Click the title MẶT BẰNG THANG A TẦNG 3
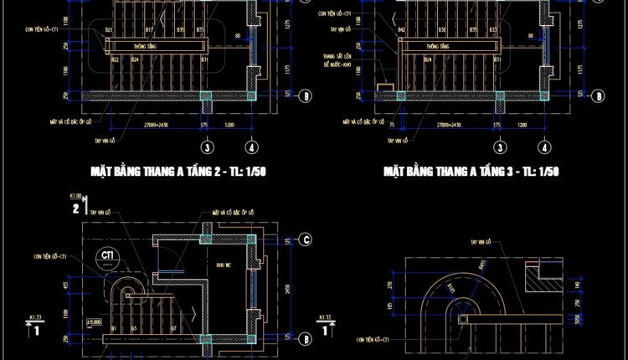pyautogui.click(x=471, y=172)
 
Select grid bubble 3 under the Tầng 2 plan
pyautogui.click(x=205, y=147)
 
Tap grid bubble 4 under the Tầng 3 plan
pyautogui.click(x=545, y=147)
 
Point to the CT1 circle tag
pyautogui.click(x=107, y=255)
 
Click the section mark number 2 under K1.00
pyautogui.click(x=76, y=208)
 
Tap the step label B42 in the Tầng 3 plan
pyautogui.click(x=402, y=30)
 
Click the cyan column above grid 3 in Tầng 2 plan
pyautogui.click(x=206, y=96)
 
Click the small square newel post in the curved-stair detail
pyautogui.click(x=464, y=319)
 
